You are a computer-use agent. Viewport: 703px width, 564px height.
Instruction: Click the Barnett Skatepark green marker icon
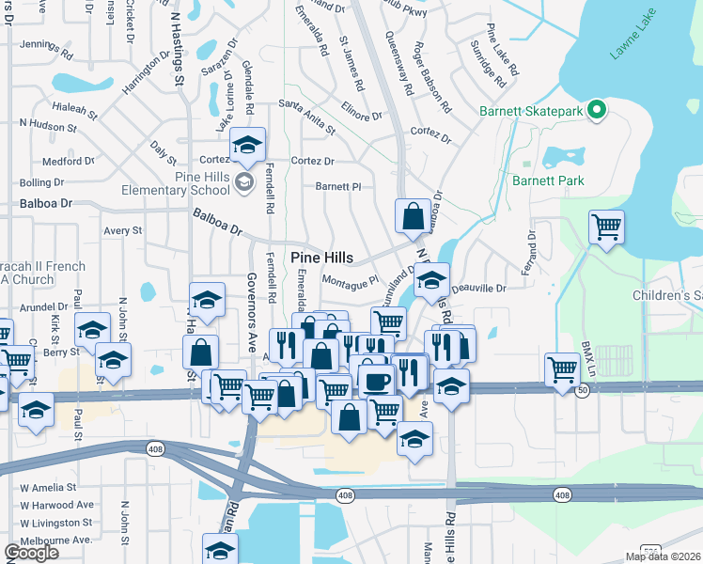coord(596,112)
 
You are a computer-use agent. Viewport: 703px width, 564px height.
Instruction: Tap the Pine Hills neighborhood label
coord(321,258)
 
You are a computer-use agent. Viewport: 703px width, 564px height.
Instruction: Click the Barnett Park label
coord(548,180)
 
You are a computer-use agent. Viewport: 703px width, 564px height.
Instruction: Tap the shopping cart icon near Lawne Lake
coord(607,226)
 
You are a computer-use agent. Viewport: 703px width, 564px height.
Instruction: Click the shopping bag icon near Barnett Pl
coord(413,216)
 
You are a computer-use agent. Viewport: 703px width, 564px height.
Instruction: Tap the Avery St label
coord(122,229)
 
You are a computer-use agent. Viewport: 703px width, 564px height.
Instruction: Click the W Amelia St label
coord(44,487)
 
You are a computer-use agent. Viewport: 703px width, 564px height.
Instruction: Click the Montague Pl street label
coord(349,279)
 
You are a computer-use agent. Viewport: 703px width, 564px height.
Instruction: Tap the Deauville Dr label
coord(478,289)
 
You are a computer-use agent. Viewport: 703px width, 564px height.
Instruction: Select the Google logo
coord(31,553)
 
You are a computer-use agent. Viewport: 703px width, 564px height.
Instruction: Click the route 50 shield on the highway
coord(583,390)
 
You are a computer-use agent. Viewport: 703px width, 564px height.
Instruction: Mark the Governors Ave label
coord(252,312)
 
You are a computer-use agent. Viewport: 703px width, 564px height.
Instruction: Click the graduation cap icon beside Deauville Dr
coord(432,280)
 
